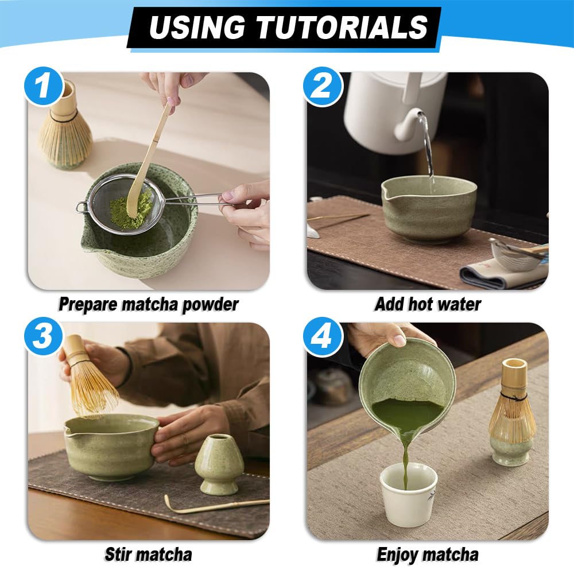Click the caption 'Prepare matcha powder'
(148, 304)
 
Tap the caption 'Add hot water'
(428, 304)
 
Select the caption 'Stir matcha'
(148, 554)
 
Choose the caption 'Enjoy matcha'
(428, 554)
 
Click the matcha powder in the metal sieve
(131, 210)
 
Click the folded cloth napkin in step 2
(499, 273)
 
